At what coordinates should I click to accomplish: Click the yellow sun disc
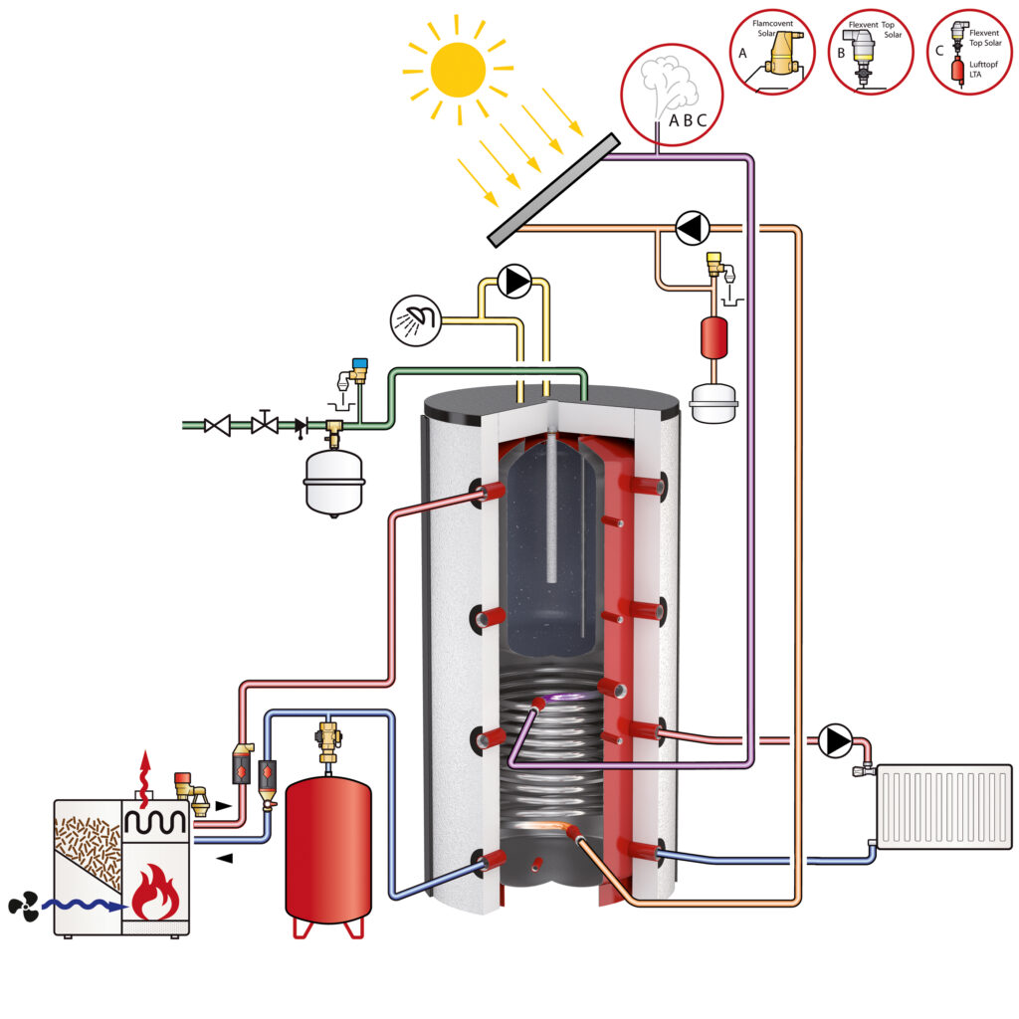459,68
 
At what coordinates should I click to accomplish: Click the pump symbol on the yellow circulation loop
515,282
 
